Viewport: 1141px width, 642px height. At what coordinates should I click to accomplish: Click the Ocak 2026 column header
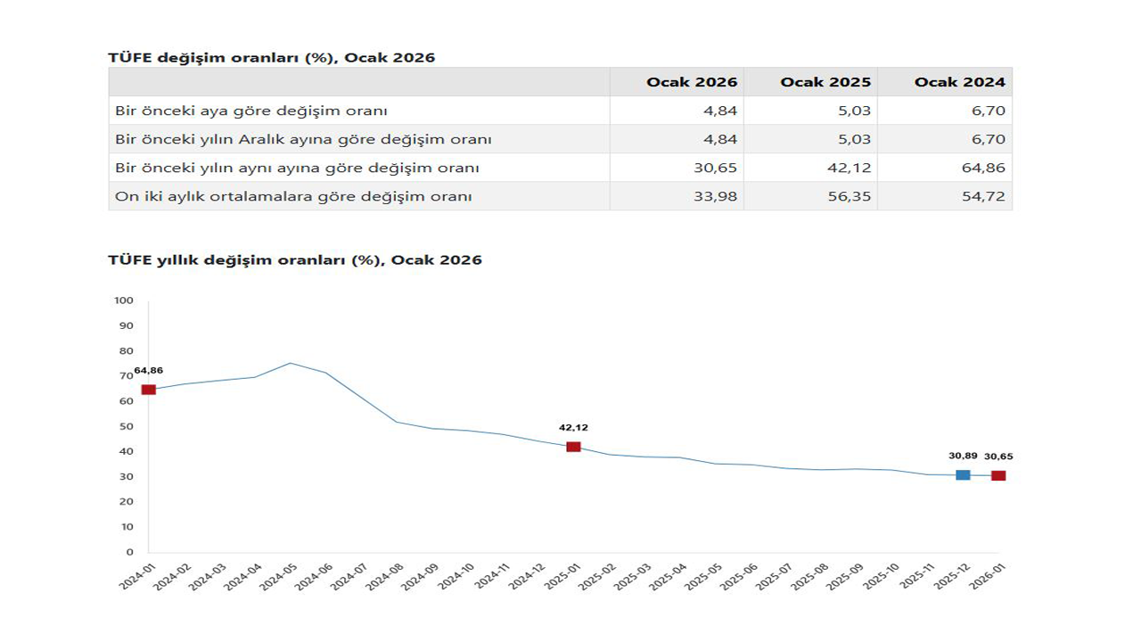click(x=692, y=82)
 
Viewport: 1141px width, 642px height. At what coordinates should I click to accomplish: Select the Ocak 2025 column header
click(x=825, y=82)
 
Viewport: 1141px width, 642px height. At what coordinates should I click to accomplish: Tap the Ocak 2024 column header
click(x=959, y=82)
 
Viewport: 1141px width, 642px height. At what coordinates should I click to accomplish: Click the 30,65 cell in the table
click(x=716, y=168)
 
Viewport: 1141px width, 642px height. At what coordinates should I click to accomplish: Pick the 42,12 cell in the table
click(x=850, y=168)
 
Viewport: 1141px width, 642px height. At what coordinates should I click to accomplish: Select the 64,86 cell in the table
click(x=983, y=168)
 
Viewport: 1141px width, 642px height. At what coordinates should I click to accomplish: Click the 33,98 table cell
click(x=716, y=196)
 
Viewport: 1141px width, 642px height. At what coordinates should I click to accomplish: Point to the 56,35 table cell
click(x=850, y=196)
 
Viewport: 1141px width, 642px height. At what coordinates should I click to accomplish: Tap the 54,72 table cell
click(x=983, y=196)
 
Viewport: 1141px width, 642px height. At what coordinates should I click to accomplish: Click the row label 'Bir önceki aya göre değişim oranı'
click(x=251, y=111)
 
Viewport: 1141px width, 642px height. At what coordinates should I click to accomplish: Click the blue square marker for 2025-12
click(x=963, y=475)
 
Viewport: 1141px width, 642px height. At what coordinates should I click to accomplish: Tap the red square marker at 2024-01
click(x=149, y=390)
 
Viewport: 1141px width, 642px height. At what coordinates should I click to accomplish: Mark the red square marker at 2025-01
click(x=573, y=447)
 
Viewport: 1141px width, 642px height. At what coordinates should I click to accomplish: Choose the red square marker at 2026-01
click(x=998, y=475)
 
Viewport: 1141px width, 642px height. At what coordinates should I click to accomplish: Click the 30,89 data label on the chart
click(x=963, y=457)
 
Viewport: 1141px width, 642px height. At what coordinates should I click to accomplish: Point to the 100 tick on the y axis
click(x=123, y=300)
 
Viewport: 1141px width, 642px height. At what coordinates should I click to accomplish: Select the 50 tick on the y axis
click(x=126, y=426)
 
